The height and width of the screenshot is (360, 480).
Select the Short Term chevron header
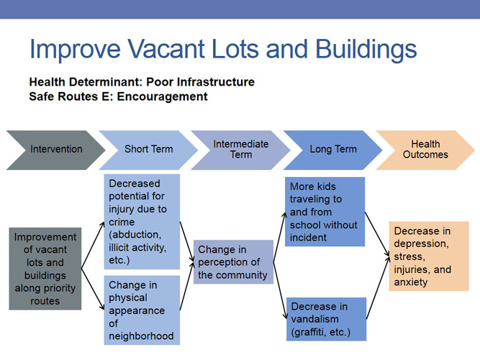(147, 150)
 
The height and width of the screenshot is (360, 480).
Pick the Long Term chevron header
(332, 150)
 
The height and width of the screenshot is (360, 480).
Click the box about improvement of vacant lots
(45, 269)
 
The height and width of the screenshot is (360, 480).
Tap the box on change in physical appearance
(141, 310)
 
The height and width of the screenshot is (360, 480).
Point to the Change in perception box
(233, 261)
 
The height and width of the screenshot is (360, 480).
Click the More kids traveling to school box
(325, 211)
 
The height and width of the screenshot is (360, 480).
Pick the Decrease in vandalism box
(325, 318)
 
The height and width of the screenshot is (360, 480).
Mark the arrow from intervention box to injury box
(92, 244)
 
